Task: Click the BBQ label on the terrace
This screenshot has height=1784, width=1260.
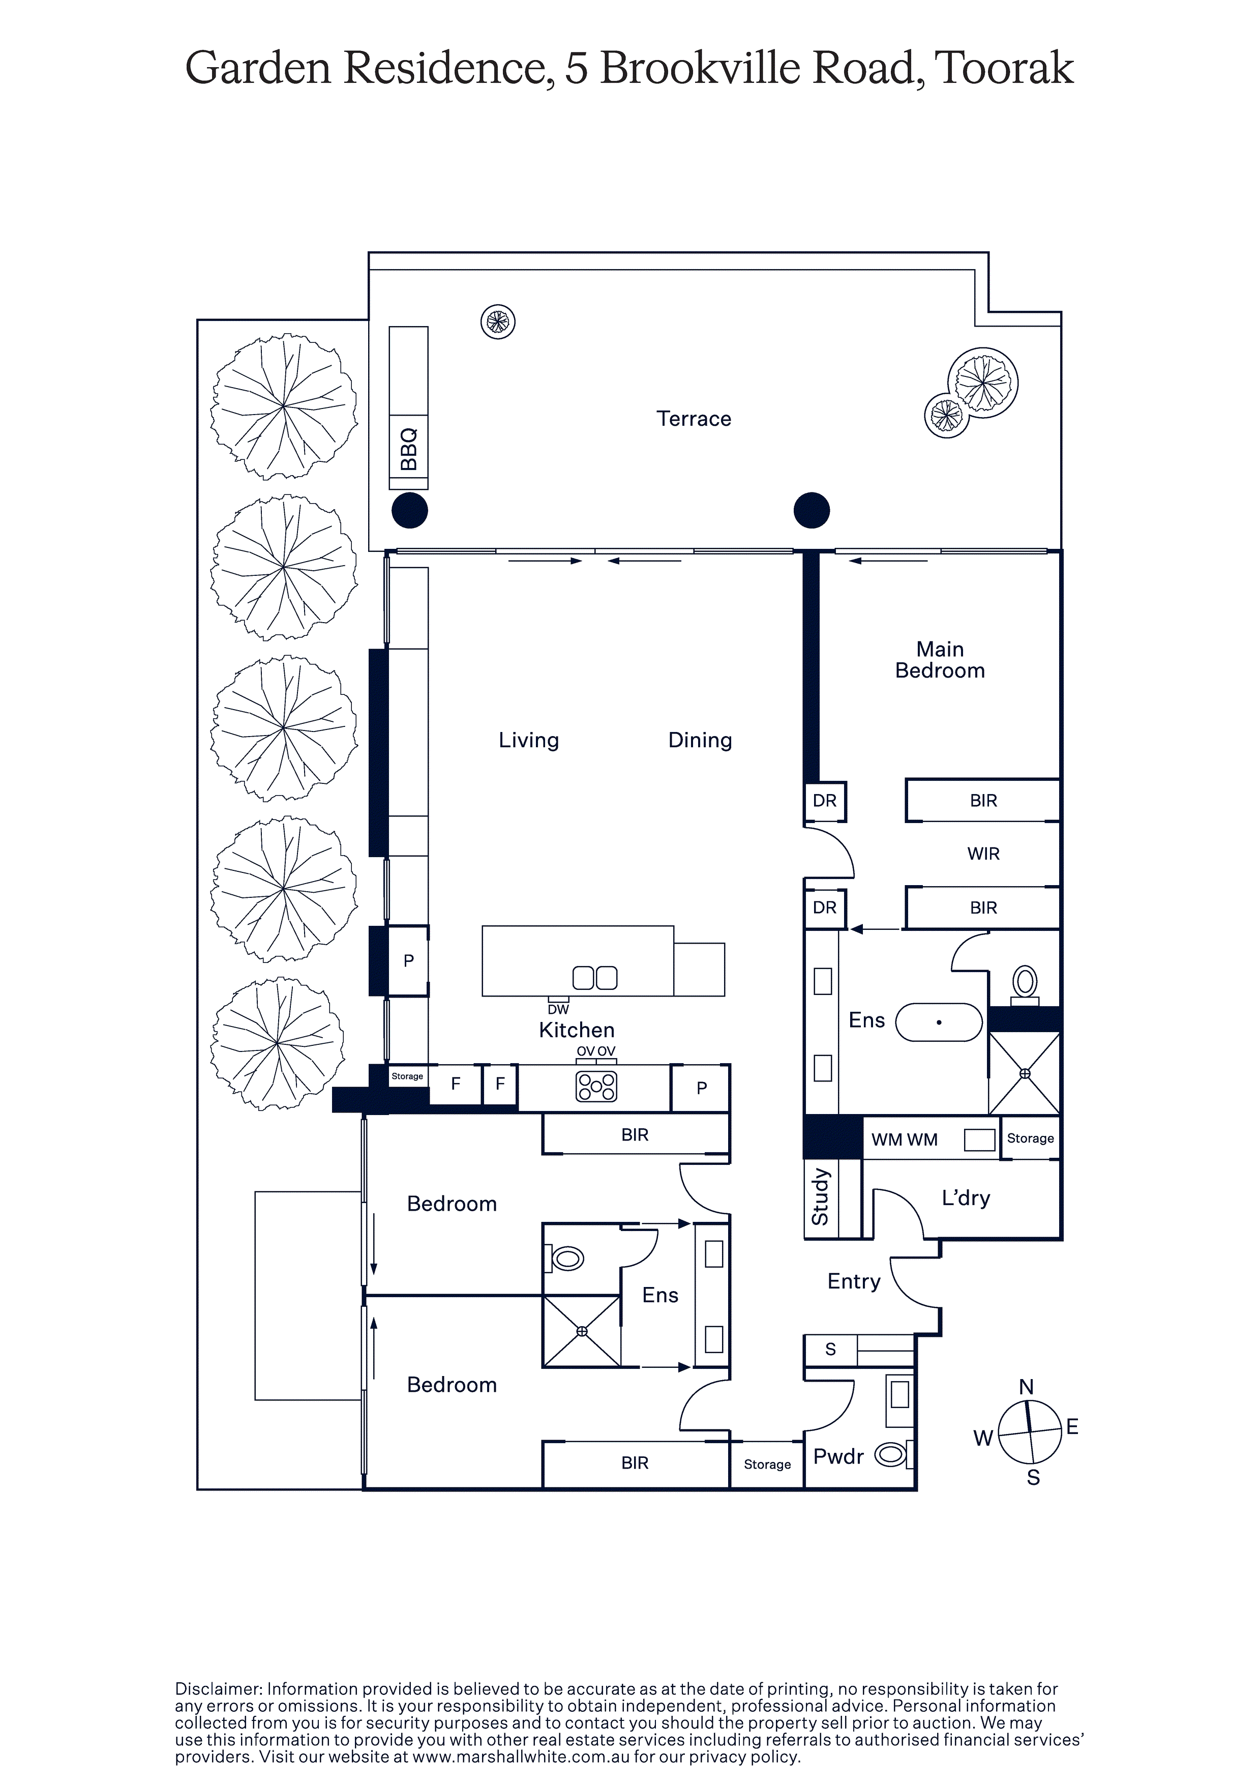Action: (409, 449)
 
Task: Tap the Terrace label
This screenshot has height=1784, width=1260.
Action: (694, 419)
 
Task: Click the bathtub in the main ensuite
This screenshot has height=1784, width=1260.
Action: (939, 1022)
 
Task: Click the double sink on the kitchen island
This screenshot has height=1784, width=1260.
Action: (594, 978)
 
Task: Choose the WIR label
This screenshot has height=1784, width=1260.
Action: (983, 854)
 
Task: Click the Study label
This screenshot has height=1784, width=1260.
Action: (820, 1197)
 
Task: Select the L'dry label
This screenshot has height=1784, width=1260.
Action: (966, 1197)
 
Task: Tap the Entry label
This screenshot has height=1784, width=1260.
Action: (854, 1281)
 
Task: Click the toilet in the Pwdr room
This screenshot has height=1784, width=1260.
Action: (891, 1454)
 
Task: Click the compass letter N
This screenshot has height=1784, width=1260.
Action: (1026, 1387)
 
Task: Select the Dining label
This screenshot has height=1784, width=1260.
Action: (700, 741)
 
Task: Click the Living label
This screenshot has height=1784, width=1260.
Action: (528, 741)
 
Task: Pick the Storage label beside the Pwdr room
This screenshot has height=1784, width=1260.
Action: (767, 1465)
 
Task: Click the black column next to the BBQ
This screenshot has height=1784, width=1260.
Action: (409, 511)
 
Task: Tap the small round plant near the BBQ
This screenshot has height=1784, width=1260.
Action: (498, 321)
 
